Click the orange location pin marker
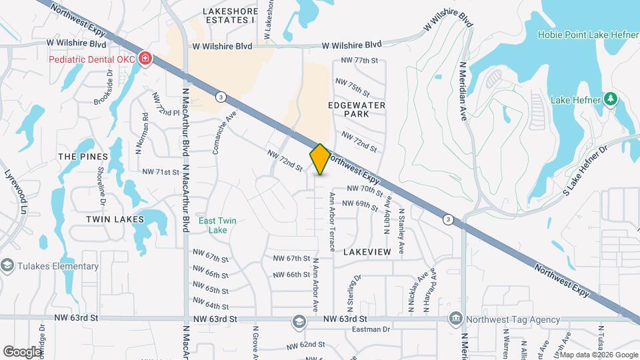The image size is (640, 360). click(320, 160)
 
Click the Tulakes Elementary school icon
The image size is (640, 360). click(7, 266)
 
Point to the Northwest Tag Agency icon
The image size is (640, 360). click(456, 319)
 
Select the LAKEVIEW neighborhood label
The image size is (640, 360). click(366, 253)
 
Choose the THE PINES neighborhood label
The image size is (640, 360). click(83, 156)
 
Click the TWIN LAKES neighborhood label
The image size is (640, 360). click(115, 219)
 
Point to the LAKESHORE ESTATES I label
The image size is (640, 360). click(229, 15)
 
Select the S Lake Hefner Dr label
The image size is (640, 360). click(587, 171)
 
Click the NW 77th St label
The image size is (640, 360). click(359, 61)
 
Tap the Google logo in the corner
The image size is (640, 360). click(23, 351)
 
